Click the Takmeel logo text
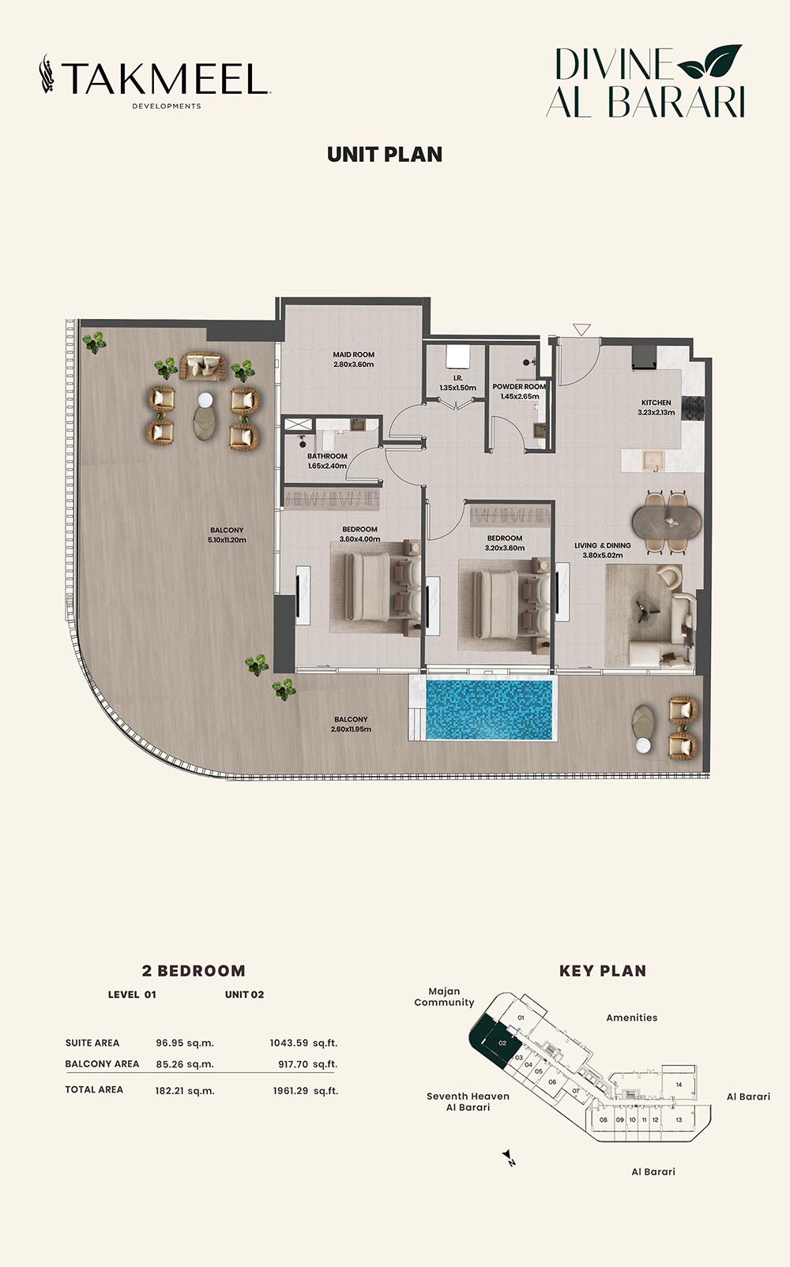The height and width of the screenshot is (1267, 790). (164, 78)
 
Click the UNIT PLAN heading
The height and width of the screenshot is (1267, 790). (385, 155)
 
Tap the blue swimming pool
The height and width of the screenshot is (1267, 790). (488, 710)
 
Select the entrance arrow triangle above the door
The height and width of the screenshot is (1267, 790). (581, 329)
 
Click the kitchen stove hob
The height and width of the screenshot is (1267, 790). (694, 408)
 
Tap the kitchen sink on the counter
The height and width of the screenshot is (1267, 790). (653, 461)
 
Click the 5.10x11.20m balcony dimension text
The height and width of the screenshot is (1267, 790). (227, 540)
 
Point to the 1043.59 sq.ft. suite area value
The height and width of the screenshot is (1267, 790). (304, 1043)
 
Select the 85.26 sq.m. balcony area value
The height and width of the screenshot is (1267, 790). (185, 1064)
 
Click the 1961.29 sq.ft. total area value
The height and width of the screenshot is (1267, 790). (306, 1090)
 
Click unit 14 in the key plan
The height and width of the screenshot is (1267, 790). (679, 1085)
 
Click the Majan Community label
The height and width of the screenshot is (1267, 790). (444, 997)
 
